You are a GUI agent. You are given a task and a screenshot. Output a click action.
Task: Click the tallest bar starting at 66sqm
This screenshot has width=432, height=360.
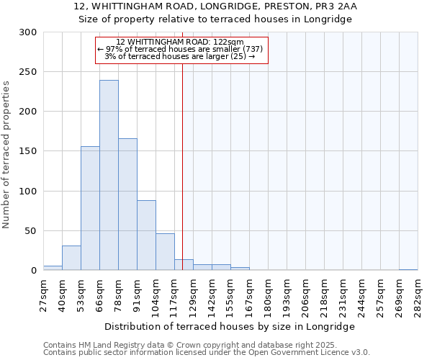click(x=109, y=175)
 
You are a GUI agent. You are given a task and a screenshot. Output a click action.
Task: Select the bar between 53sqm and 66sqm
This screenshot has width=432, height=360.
click(x=90, y=208)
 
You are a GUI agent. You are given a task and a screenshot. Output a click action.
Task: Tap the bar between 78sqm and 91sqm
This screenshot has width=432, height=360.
click(x=127, y=204)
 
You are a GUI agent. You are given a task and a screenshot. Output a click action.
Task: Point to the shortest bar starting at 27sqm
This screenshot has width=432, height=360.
click(x=53, y=268)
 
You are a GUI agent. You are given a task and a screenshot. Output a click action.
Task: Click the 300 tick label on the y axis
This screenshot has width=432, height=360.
click(x=28, y=32)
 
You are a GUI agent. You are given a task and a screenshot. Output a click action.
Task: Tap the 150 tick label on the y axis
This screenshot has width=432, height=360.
click(x=28, y=151)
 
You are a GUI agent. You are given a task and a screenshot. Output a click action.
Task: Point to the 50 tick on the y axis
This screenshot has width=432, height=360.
click(x=31, y=231)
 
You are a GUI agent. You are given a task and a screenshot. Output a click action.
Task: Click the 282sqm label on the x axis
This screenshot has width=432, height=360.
click(x=418, y=296)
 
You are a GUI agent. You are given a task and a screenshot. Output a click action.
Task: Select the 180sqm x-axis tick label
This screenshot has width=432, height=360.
click(x=268, y=296)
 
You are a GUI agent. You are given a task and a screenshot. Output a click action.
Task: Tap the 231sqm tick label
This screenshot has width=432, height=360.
click(x=343, y=296)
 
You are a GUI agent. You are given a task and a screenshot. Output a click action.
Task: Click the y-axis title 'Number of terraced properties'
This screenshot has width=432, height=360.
click(x=7, y=155)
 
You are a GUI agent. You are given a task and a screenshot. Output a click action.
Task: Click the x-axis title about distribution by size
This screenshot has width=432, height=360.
click(x=230, y=326)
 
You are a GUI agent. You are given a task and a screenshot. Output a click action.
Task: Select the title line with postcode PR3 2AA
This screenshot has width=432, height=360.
click(x=215, y=6)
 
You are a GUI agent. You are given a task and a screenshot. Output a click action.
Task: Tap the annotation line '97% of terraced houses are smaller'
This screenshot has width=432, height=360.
click(x=181, y=49)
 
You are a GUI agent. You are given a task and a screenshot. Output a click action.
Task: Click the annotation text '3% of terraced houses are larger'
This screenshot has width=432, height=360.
click(x=181, y=56)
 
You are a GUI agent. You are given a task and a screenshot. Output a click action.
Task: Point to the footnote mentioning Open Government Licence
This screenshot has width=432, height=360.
click(x=207, y=352)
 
